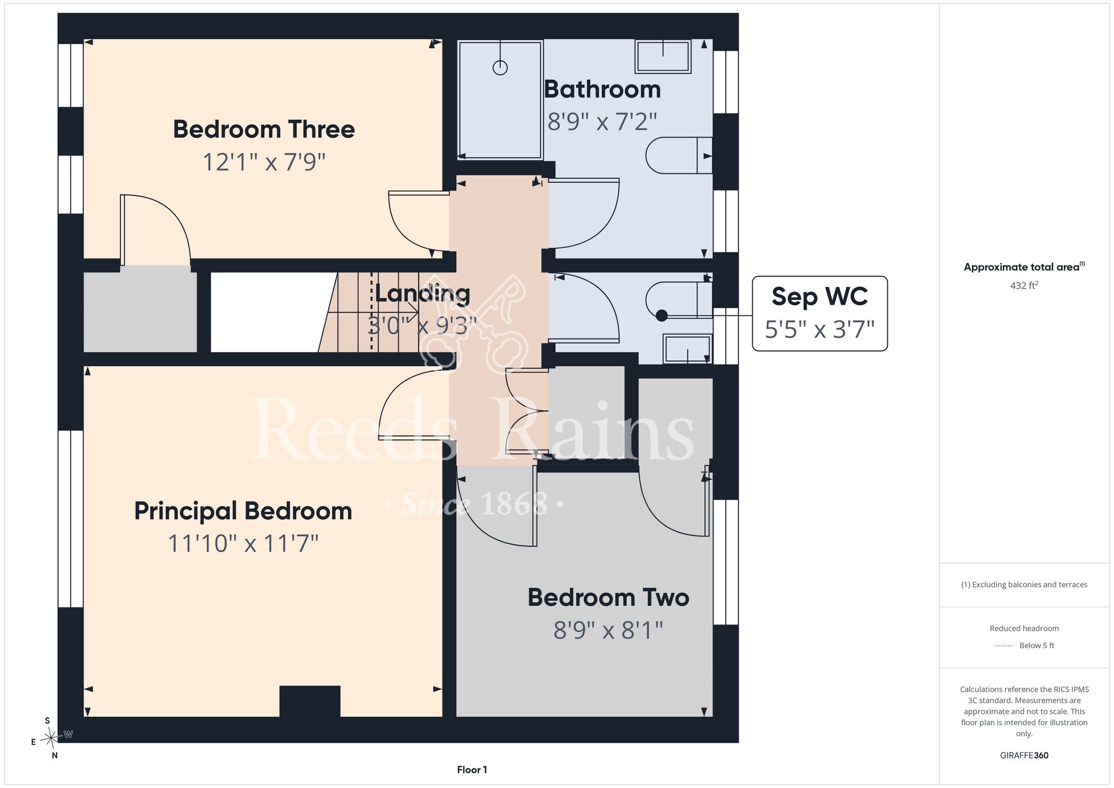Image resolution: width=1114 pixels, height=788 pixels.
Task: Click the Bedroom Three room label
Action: tap(263, 129)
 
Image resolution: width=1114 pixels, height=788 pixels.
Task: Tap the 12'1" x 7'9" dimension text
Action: tap(263, 162)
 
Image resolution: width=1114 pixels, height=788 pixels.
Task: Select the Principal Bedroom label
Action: tap(243, 511)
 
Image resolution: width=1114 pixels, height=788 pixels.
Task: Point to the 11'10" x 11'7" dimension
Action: tap(243, 543)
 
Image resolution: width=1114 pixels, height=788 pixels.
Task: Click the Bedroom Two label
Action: tap(608, 597)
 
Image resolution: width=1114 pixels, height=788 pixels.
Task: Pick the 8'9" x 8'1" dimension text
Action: tap(608, 630)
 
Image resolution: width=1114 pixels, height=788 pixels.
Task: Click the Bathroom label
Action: tap(602, 89)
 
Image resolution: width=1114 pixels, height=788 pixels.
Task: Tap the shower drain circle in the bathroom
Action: tap(500, 68)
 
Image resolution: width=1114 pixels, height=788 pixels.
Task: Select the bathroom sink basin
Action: tap(663, 56)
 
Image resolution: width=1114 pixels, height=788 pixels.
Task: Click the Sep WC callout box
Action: tap(820, 313)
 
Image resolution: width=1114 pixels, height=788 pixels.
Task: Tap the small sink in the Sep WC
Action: tap(687, 349)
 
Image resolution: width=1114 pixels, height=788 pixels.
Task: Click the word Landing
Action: tap(422, 294)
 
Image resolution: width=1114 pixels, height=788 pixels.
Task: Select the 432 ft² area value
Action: tap(1024, 285)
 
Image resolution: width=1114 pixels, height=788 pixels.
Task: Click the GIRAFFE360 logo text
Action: tap(1024, 756)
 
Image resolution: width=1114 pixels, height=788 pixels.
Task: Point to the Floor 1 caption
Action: tap(472, 770)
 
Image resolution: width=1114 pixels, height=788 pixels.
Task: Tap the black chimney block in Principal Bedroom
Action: tap(310, 701)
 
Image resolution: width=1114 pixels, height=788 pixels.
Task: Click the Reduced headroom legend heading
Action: tap(1024, 629)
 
